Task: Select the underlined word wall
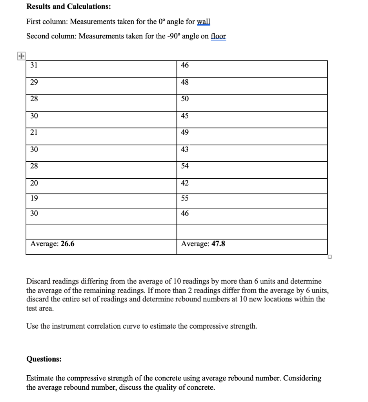[x=203, y=22]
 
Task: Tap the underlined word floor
[x=218, y=37]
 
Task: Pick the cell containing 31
[x=34, y=66]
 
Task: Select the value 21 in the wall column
[x=34, y=133]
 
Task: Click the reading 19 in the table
[x=34, y=199]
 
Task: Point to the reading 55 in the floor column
[x=185, y=199]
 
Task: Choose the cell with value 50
[x=185, y=99]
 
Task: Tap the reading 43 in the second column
[x=185, y=150]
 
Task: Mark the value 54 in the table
[x=185, y=166]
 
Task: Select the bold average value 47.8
[x=218, y=244]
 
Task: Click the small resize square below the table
[x=330, y=258]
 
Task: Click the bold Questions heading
[x=44, y=359]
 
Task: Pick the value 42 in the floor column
[x=185, y=183]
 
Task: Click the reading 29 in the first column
[x=34, y=82]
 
